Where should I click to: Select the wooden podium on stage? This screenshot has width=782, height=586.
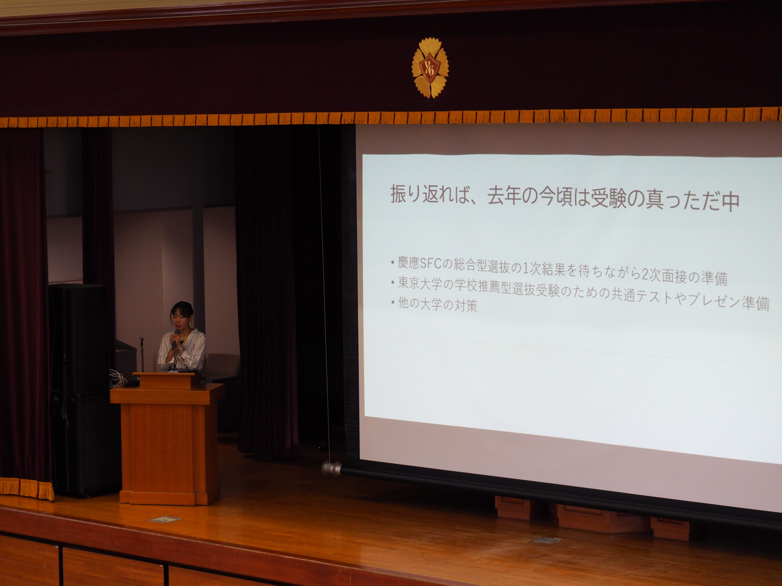point(168,438)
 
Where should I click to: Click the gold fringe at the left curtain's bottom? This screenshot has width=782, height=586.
point(27,487)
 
